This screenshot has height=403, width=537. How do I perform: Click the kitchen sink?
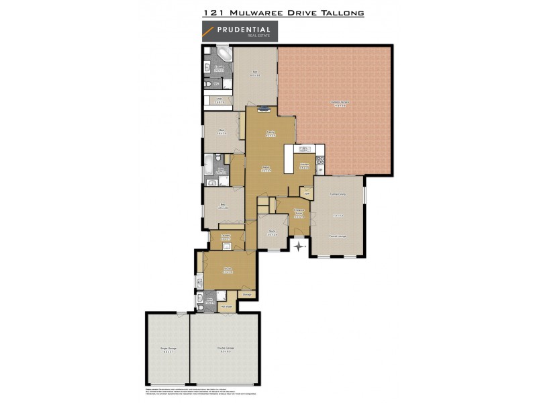[x=303, y=148]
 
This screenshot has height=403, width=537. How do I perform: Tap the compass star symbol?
[x=299, y=247]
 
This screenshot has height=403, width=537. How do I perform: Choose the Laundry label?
[x=226, y=236]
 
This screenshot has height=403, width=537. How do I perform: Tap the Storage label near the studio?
[x=246, y=294]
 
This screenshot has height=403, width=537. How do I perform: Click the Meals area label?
[x=266, y=168]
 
